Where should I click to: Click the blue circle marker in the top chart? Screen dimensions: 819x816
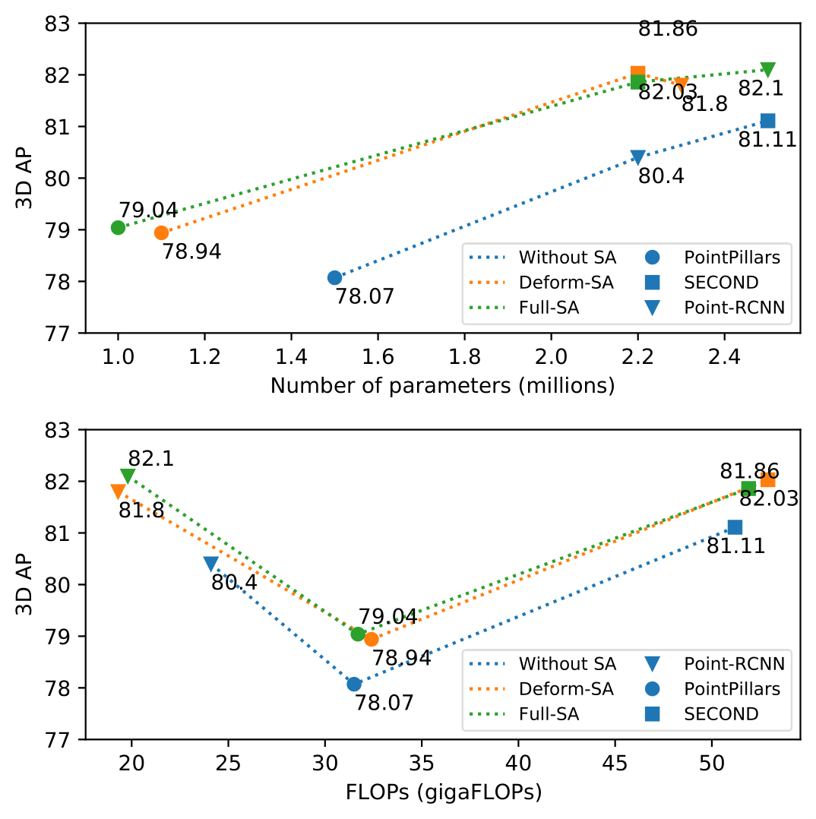(x=334, y=277)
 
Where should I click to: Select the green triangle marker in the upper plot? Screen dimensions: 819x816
(x=767, y=70)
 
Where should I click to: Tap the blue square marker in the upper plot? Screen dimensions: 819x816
(x=767, y=121)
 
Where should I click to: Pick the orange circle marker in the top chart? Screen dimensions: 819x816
(x=161, y=232)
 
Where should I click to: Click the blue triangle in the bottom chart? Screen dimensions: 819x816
(x=211, y=564)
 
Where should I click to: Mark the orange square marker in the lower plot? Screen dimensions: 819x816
(x=768, y=480)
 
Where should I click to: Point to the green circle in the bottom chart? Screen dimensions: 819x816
(x=358, y=634)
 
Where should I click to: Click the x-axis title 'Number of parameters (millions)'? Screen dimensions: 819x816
(x=442, y=386)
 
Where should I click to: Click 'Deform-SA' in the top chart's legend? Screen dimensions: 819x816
(x=566, y=283)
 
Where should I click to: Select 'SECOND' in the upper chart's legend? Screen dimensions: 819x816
(x=721, y=283)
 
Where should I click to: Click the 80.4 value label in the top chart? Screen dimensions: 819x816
(x=661, y=176)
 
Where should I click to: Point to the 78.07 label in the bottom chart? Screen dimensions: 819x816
(x=384, y=702)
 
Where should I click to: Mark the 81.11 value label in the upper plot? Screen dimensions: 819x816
(x=767, y=139)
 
